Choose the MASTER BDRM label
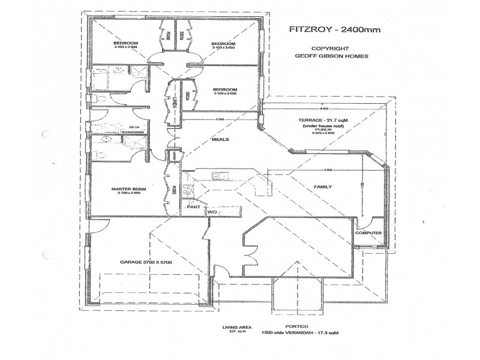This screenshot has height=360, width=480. tap(125, 189)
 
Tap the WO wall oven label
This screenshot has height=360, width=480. tap(212, 212)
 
